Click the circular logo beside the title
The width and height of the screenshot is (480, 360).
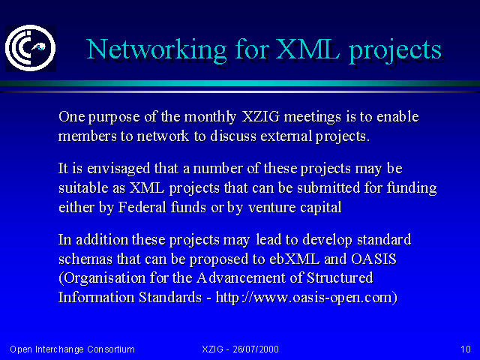click(x=31, y=48)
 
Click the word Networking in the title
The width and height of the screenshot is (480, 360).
click(x=157, y=50)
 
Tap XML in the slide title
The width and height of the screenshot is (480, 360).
click(x=308, y=49)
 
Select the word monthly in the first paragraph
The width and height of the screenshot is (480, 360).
click(x=210, y=117)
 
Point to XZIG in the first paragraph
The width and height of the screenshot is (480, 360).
click(x=261, y=117)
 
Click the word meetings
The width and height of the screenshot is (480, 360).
click(x=313, y=118)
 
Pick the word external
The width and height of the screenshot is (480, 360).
click(x=286, y=136)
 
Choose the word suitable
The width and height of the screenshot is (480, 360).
click(x=83, y=187)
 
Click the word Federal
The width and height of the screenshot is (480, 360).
click(x=142, y=207)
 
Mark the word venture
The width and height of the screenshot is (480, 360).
click(x=271, y=208)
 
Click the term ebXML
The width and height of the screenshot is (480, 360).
click(x=295, y=259)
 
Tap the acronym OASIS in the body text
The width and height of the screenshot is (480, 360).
click(x=373, y=259)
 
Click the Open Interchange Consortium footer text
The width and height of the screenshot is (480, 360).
click(x=72, y=349)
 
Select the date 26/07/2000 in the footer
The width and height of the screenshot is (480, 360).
click(x=256, y=349)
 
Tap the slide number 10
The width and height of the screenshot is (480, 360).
click(x=466, y=349)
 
